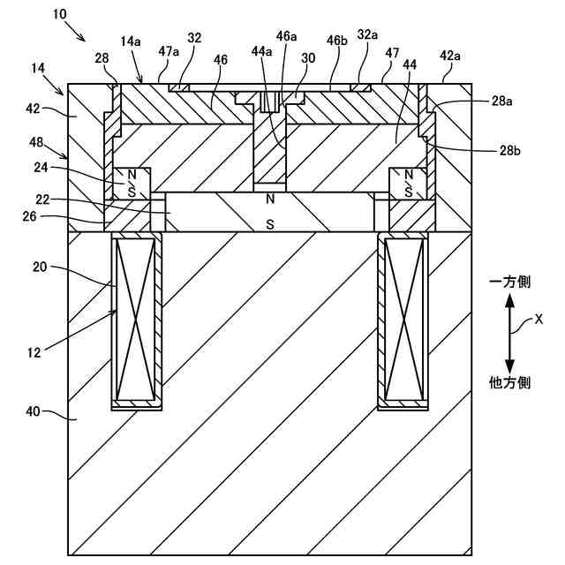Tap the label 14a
tap(131, 41)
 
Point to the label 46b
tap(337, 41)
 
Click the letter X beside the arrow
tap(539, 321)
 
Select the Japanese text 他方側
tap(509, 382)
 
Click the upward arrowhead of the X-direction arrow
tap(509, 302)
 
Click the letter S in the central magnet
tap(270, 224)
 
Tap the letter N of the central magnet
tap(270, 200)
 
